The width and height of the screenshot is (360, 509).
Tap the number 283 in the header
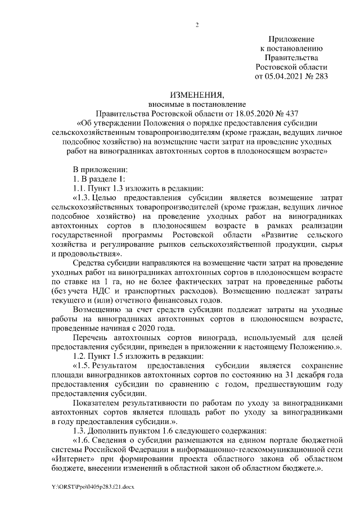tap(319, 75)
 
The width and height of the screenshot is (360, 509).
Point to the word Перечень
tap(92, 339)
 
